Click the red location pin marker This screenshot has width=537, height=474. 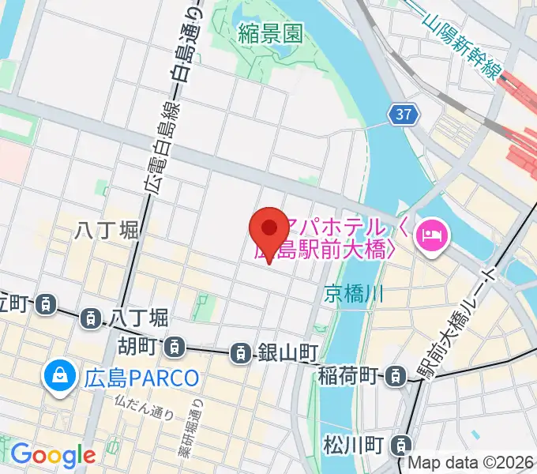pyautogui.click(x=268, y=231)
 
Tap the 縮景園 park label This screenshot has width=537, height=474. pyautogui.click(x=271, y=32)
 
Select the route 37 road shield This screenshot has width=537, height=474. pyautogui.click(x=403, y=115)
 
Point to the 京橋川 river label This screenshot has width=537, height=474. pyautogui.click(x=353, y=295)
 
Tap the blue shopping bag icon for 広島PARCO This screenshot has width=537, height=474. pyautogui.click(x=59, y=376)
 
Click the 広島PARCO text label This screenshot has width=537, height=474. pyautogui.click(x=141, y=377)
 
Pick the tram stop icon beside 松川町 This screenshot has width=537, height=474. pyautogui.click(x=403, y=444)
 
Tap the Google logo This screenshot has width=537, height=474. pyautogui.click(x=53, y=455)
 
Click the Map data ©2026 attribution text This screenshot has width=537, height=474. pyautogui.click(x=474, y=462)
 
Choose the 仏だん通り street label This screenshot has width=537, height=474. pyautogui.click(x=143, y=409)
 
